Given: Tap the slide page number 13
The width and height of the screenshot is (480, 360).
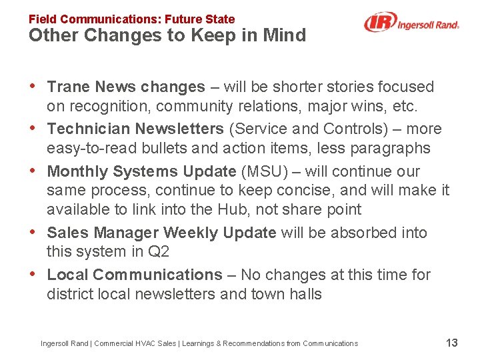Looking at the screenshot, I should (x=451, y=343).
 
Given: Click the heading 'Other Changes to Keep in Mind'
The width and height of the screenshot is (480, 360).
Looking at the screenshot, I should (x=167, y=35).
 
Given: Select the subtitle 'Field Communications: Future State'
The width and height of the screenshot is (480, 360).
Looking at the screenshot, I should (x=131, y=19).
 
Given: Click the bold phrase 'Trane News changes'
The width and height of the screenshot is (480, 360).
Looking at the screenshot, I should (x=127, y=87).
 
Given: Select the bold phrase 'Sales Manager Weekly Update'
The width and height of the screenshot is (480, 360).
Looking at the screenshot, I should (x=162, y=233).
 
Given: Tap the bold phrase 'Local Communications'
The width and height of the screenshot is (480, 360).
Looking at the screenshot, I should (x=135, y=275).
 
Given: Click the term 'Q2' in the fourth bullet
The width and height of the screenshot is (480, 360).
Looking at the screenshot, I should (x=161, y=251).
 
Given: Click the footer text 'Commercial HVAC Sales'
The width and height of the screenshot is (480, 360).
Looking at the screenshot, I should (x=135, y=343).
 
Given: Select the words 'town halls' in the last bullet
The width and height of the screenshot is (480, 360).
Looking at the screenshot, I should (x=289, y=294).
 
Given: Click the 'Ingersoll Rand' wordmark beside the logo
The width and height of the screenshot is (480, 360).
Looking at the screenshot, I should (x=428, y=25).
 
